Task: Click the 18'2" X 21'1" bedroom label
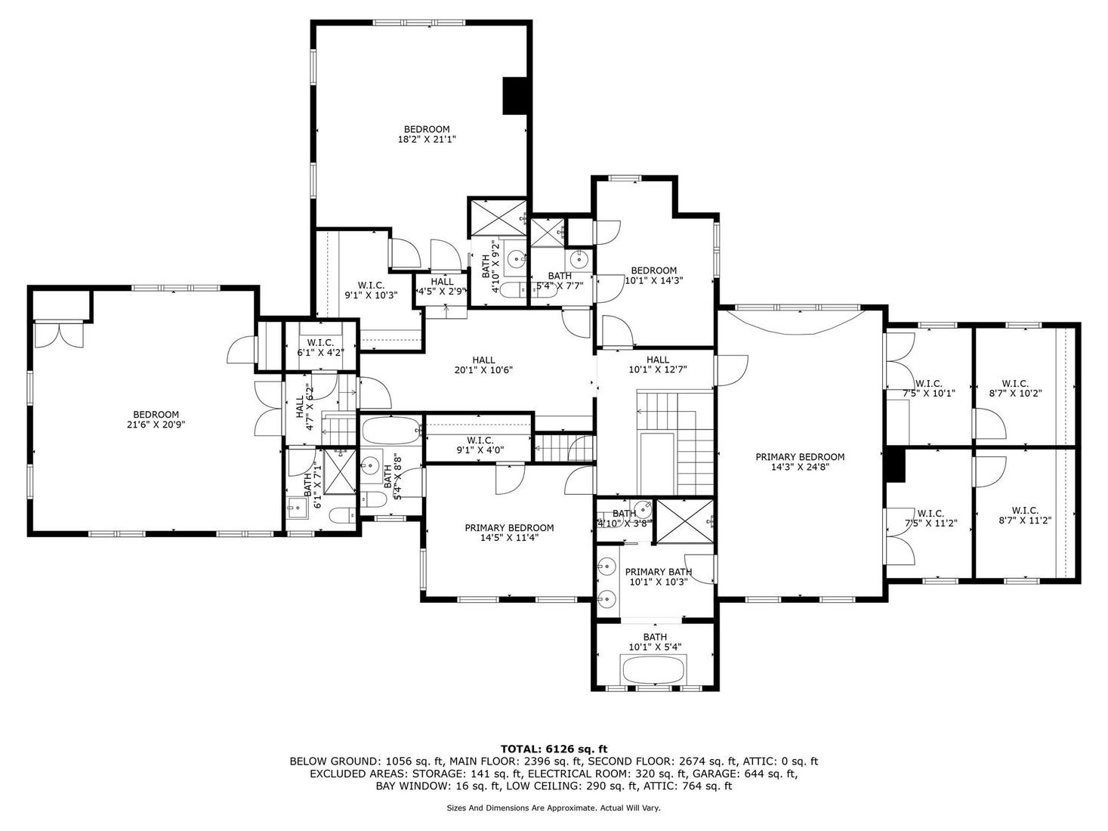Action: (427, 134)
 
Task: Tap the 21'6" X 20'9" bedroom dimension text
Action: (156, 425)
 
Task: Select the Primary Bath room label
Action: (659, 572)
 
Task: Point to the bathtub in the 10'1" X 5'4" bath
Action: (655, 669)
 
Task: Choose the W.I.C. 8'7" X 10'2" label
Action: (1015, 388)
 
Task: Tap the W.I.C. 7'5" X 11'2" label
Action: (930, 518)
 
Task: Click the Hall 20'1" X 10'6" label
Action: (483, 365)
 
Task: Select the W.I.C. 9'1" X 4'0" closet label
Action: (480, 445)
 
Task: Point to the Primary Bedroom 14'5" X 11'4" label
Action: (509, 533)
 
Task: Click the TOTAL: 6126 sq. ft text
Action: (554, 749)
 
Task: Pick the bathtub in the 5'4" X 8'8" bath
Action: (391, 430)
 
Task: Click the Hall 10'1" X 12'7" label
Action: (658, 365)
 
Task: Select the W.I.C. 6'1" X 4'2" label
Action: (320, 348)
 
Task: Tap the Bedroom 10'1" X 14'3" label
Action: (653, 276)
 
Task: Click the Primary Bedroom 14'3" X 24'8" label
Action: (800, 462)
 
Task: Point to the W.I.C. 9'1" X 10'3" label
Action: (371, 290)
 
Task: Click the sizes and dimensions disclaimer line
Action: (553, 808)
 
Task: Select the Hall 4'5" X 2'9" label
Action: (442, 286)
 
